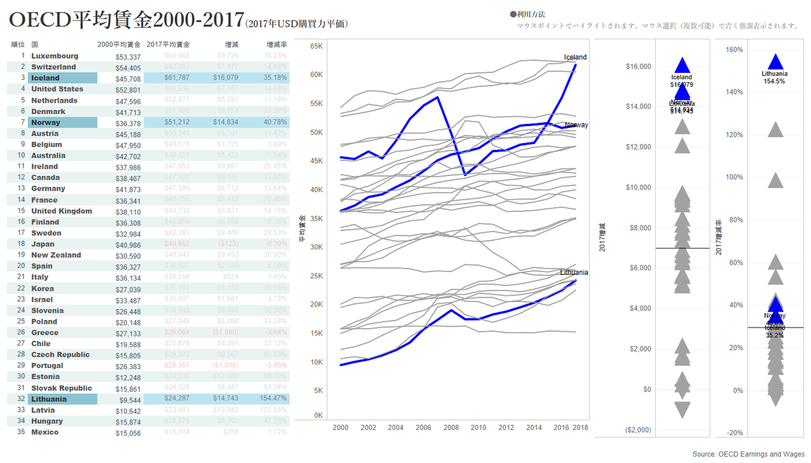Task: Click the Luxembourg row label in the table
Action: (x=54, y=56)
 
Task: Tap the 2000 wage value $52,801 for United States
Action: (x=128, y=89)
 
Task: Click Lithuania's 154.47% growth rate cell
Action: (x=272, y=399)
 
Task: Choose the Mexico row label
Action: (x=44, y=432)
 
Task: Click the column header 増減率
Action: (x=276, y=45)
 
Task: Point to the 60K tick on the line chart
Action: (x=316, y=75)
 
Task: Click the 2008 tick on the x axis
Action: (x=451, y=428)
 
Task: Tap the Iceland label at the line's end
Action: (x=575, y=57)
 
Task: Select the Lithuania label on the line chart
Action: (x=574, y=272)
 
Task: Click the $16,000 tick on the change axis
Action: (x=638, y=67)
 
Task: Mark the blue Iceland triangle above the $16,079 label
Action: (x=682, y=65)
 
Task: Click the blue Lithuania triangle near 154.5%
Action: (x=776, y=61)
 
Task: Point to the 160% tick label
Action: (x=734, y=49)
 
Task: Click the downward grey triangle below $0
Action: (x=682, y=409)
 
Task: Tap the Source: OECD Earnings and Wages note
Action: (x=748, y=454)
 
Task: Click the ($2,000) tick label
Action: (x=637, y=430)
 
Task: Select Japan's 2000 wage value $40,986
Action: (x=128, y=244)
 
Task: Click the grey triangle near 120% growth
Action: (x=776, y=130)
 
